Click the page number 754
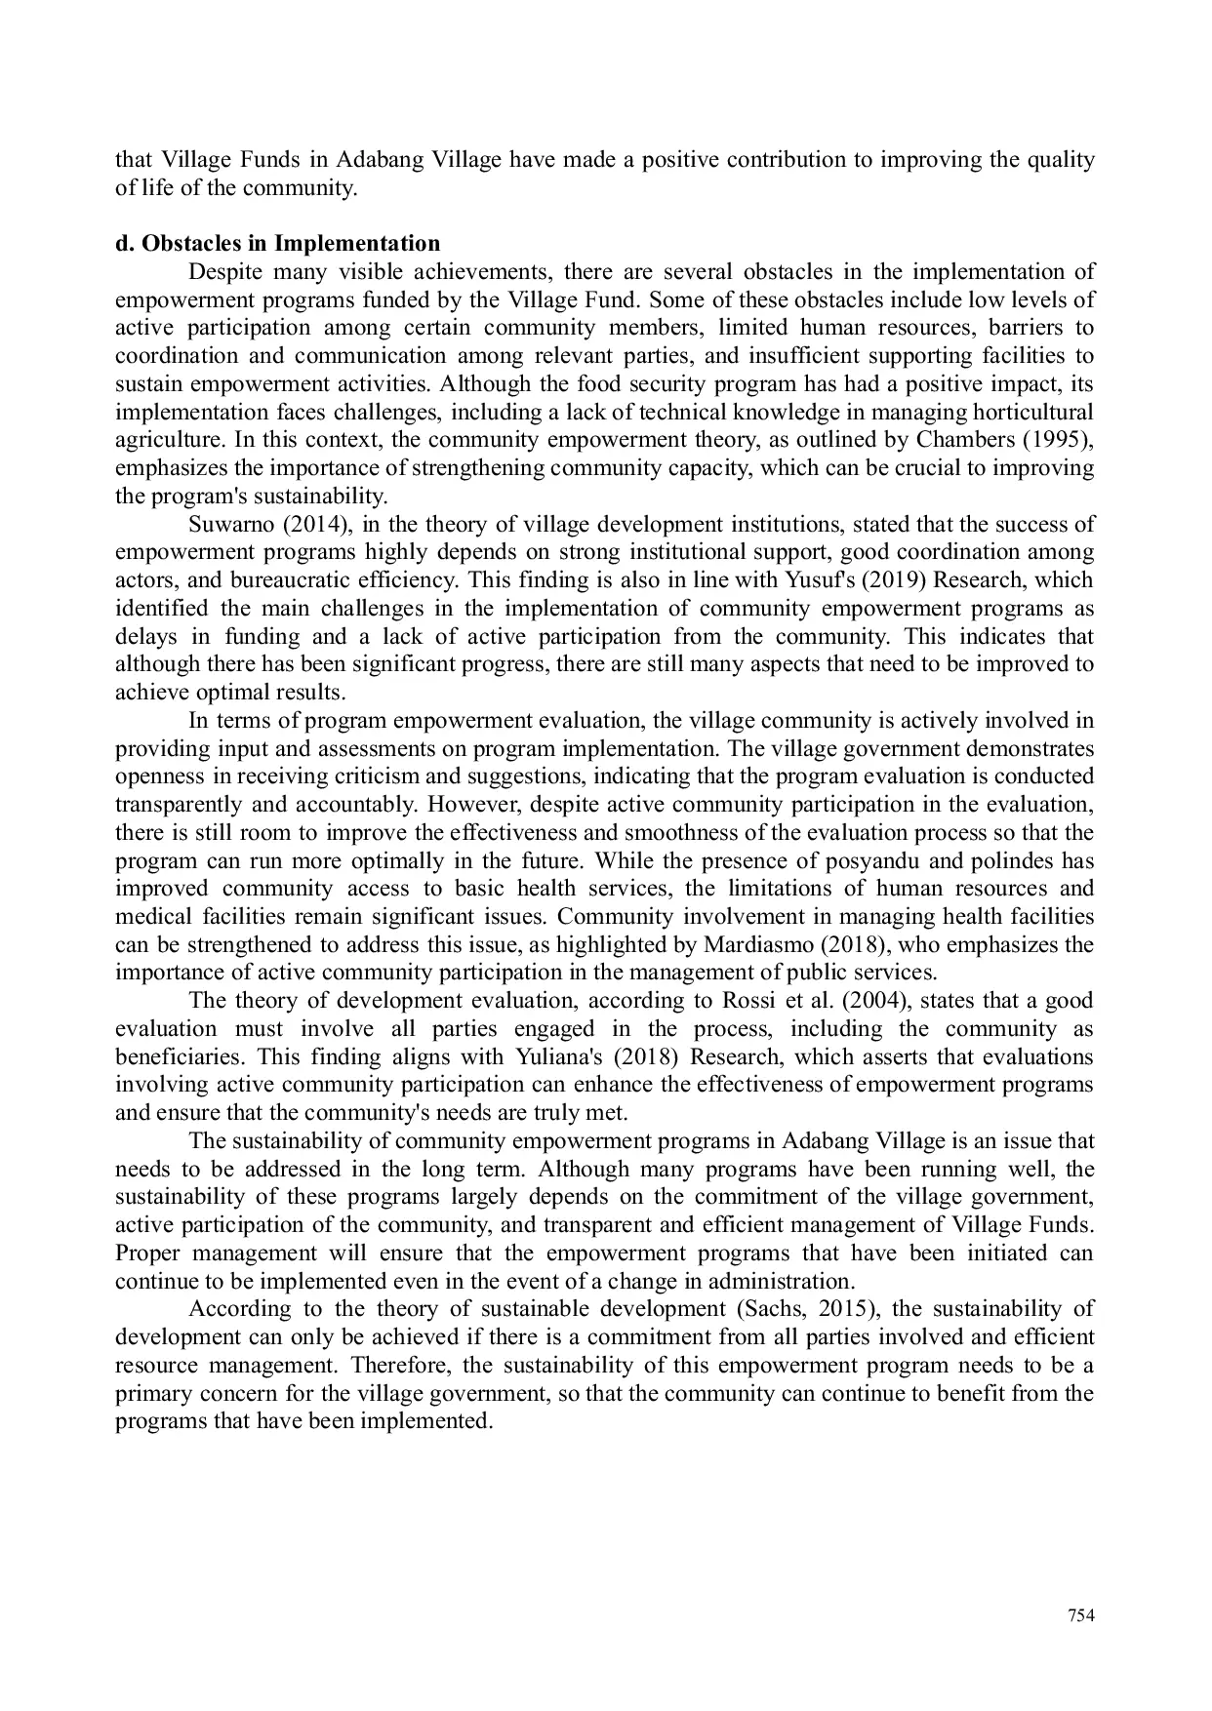pyautogui.click(x=1080, y=1615)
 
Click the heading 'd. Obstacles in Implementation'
pyautogui.click(x=277, y=243)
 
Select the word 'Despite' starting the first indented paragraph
pyautogui.click(x=224, y=271)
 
